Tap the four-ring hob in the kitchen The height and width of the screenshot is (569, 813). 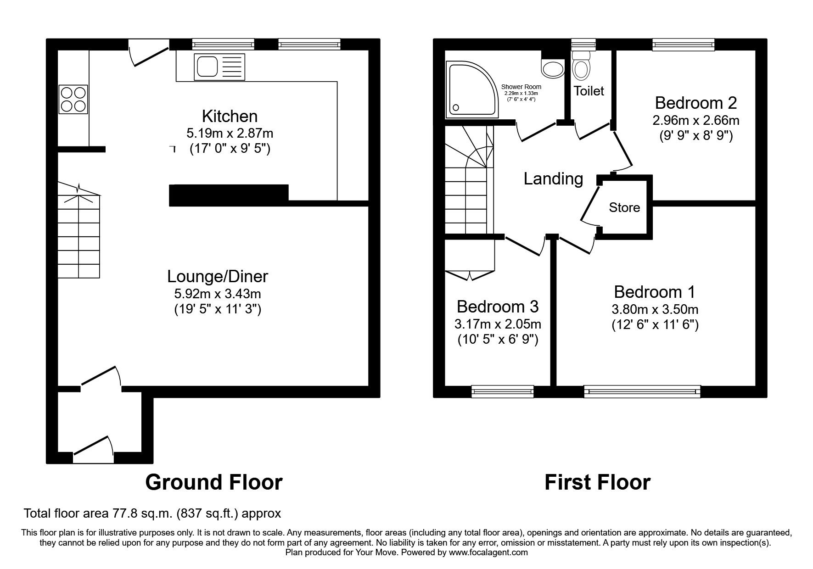[73, 100]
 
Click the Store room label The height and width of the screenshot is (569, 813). [624, 208]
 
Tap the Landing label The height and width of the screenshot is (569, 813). [553, 179]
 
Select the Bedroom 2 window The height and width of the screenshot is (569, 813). [684, 44]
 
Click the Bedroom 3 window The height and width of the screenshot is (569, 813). [502, 391]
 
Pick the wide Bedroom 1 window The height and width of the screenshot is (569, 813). [642, 391]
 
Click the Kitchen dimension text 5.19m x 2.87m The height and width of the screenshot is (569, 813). [230, 134]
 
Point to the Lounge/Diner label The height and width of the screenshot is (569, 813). [218, 277]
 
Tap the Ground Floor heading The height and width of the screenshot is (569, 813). [214, 482]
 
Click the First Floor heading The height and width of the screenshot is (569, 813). [597, 482]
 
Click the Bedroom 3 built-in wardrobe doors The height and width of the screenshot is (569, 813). [469, 275]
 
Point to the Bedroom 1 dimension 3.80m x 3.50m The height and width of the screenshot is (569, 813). [655, 310]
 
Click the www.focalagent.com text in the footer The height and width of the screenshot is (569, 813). [488, 552]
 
